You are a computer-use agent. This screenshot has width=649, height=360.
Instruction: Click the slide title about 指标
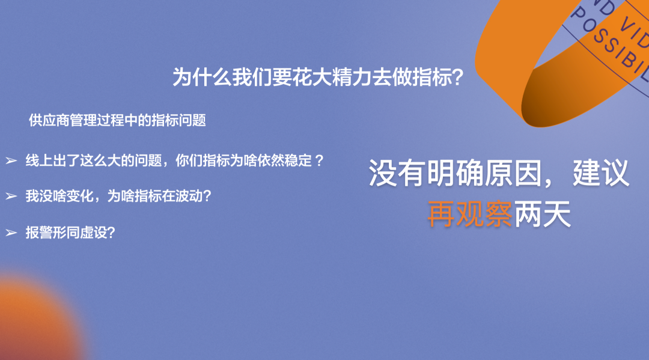[317, 77]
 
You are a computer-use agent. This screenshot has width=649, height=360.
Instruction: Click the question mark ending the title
[457, 78]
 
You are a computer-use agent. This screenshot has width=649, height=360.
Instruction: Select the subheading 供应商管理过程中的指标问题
[117, 120]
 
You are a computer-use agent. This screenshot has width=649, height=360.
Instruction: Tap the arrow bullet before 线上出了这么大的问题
[11, 160]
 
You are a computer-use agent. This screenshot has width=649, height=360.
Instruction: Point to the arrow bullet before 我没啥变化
[11, 196]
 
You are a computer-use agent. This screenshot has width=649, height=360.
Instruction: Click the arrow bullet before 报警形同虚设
[11, 233]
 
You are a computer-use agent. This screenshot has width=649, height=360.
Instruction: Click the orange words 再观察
[470, 214]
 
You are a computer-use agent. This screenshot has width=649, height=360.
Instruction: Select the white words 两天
[542, 214]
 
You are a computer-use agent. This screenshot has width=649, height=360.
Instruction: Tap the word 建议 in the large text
[601, 173]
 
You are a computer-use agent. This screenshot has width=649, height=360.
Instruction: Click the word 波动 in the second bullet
[189, 196]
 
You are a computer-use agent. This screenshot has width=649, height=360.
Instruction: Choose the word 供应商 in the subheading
[49, 120]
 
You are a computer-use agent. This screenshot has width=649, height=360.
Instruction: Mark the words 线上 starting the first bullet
[39, 160]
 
